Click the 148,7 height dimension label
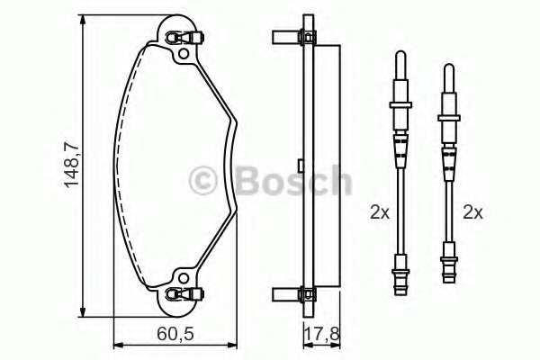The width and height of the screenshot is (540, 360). tap(73, 165)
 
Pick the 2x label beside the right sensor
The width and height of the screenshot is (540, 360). tap(472, 213)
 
